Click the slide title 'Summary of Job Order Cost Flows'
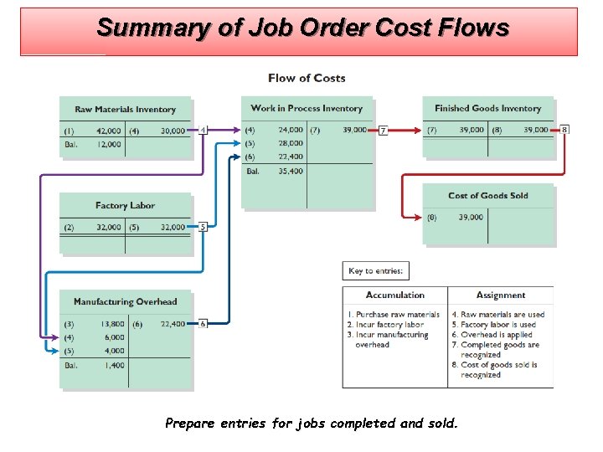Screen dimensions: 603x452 click(302, 28)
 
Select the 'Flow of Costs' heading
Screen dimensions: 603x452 click(307, 78)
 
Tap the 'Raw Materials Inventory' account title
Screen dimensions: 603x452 click(125, 110)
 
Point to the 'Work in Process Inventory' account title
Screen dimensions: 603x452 click(307, 108)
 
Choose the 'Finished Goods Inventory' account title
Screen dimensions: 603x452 click(487, 108)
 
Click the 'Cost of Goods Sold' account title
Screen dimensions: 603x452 click(487, 196)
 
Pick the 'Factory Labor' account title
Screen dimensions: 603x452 click(125, 205)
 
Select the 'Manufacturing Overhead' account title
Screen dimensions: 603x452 click(125, 301)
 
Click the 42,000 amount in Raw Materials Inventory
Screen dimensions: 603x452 click(109, 131)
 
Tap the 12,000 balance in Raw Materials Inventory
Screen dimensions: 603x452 click(109, 144)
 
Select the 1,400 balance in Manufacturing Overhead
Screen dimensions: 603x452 click(114, 365)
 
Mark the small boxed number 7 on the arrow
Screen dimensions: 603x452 click(383, 131)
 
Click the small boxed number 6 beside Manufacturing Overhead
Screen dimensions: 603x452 click(202, 323)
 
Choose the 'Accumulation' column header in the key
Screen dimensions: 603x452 click(395, 295)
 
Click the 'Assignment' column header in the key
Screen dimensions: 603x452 click(501, 295)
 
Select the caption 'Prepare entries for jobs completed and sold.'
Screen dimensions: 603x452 click(312, 424)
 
